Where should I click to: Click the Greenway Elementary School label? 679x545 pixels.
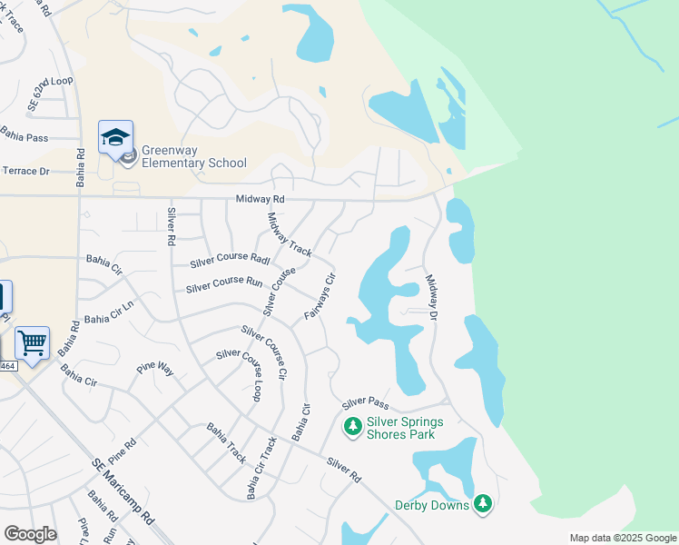tap(193, 156)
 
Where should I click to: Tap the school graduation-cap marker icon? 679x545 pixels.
tap(115, 138)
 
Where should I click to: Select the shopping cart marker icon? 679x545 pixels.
tap(32, 343)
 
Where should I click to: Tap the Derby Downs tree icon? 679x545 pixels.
tap(483, 503)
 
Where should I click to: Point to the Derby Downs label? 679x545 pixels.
tap(431, 505)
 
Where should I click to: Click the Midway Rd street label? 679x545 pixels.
tap(260, 199)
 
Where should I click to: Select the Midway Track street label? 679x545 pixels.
tap(290, 233)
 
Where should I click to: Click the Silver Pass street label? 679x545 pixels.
tap(365, 402)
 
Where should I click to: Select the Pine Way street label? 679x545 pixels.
tap(154, 368)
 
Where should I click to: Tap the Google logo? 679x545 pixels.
tap(30, 533)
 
